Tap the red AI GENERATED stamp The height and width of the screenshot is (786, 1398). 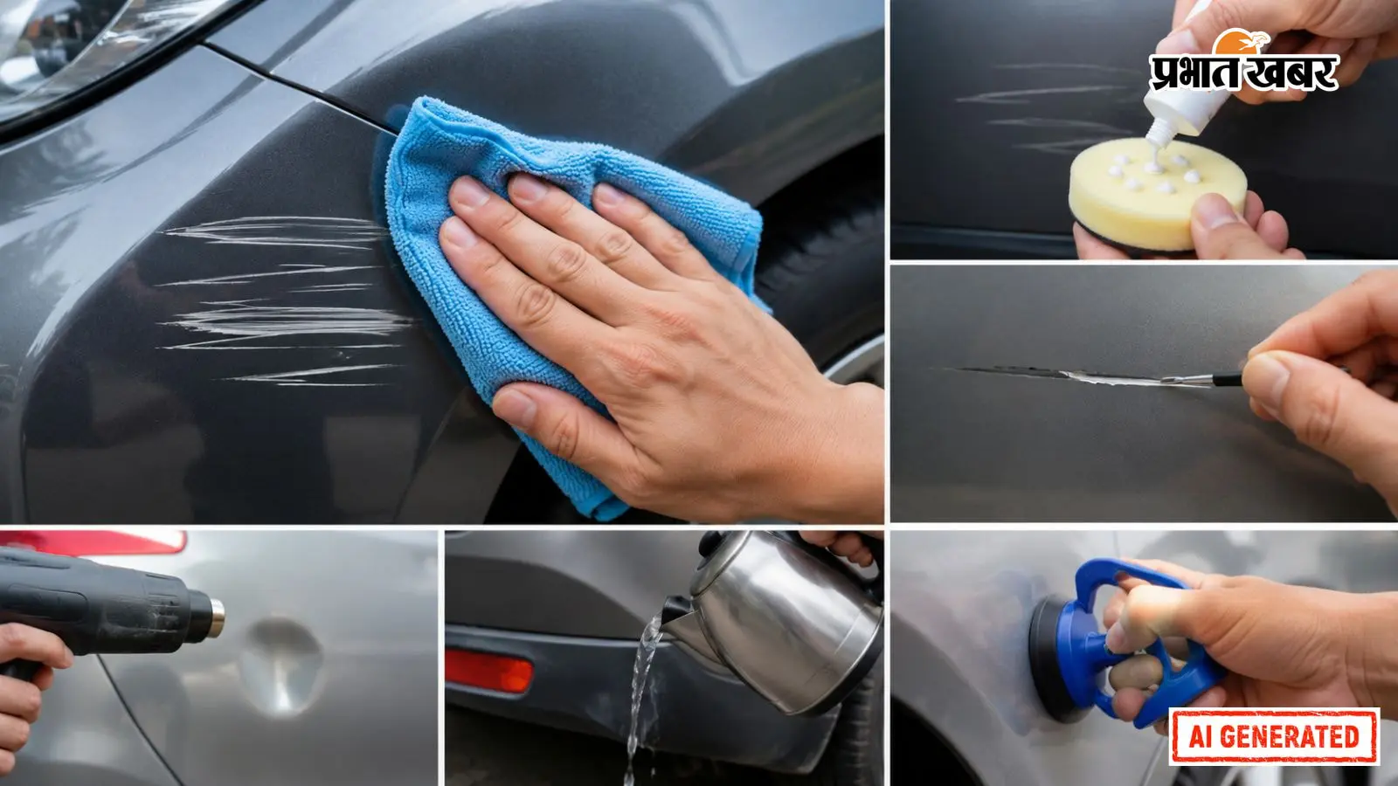(1274, 736)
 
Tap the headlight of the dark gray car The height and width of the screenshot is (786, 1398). (93, 50)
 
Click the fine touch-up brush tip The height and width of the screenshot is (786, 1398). (1186, 379)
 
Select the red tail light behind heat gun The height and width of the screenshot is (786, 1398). (93, 541)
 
